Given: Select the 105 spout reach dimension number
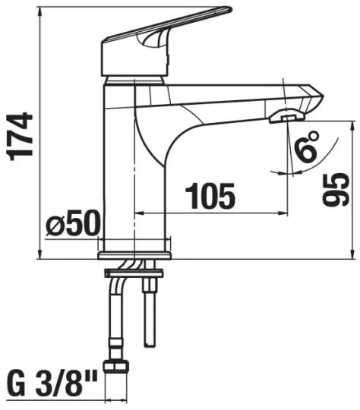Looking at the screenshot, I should tap(210, 197).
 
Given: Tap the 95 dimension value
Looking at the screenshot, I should tap(335, 189).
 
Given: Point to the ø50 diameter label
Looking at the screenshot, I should tap(73, 225).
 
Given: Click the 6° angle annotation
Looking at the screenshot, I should tap(308, 147).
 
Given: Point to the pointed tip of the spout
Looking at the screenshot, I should tap(320, 96).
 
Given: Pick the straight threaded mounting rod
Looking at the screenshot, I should tap(150, 311).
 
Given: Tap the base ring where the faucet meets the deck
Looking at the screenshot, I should tap(136, 245).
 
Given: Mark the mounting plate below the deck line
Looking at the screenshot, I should tap(134, 270).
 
